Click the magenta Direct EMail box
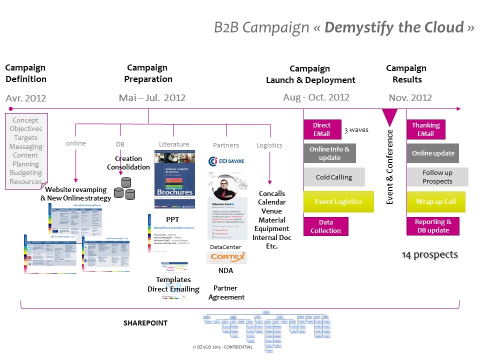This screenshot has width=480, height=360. (x=321, y=129)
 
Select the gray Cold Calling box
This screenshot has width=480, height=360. (x=334, y=177)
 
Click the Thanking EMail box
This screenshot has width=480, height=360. (x=425, y=129)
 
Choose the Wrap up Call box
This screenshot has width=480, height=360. (x=435, y=201)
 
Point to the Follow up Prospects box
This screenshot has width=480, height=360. (x=437, y=177)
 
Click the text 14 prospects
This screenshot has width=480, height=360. (x=430, y=255)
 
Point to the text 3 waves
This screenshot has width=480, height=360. (x=356, y=130)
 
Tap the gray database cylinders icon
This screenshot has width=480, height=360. (x=125, y=188)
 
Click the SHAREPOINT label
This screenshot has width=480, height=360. (x=145, y=323)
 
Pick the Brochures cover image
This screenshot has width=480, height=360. (x=174, y=179)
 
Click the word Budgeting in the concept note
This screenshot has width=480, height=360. (x=26, y=172)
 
